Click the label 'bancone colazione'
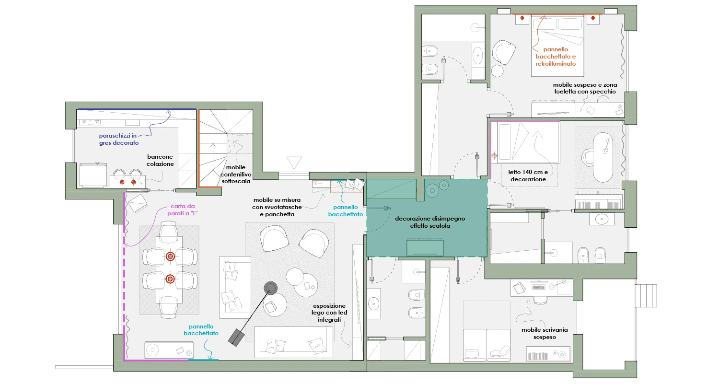click(160, 160)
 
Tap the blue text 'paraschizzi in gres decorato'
click(118, 140)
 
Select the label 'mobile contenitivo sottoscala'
click(236, 175)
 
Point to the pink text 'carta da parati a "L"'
click(182, 210)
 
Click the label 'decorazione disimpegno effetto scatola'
click(430, 222)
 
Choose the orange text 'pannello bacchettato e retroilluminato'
click(556, 57)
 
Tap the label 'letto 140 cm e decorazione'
click(528, 175)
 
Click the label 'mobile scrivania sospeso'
click(545, 333)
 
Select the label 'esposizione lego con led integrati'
click(329, 313)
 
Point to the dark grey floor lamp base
click(271, 288)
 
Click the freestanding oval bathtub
click(603, 157)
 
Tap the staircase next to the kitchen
click(226, 148)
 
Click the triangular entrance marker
click(294, 163)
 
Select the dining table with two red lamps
click(170, 270)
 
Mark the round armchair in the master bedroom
click(504, 52)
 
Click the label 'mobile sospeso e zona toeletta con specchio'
click(585, 88)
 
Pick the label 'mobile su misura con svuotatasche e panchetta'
click(277, 207)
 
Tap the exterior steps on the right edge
click(646, 296)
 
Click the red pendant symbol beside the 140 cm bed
click(494, 156)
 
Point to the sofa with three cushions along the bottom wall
click(293, 342)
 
